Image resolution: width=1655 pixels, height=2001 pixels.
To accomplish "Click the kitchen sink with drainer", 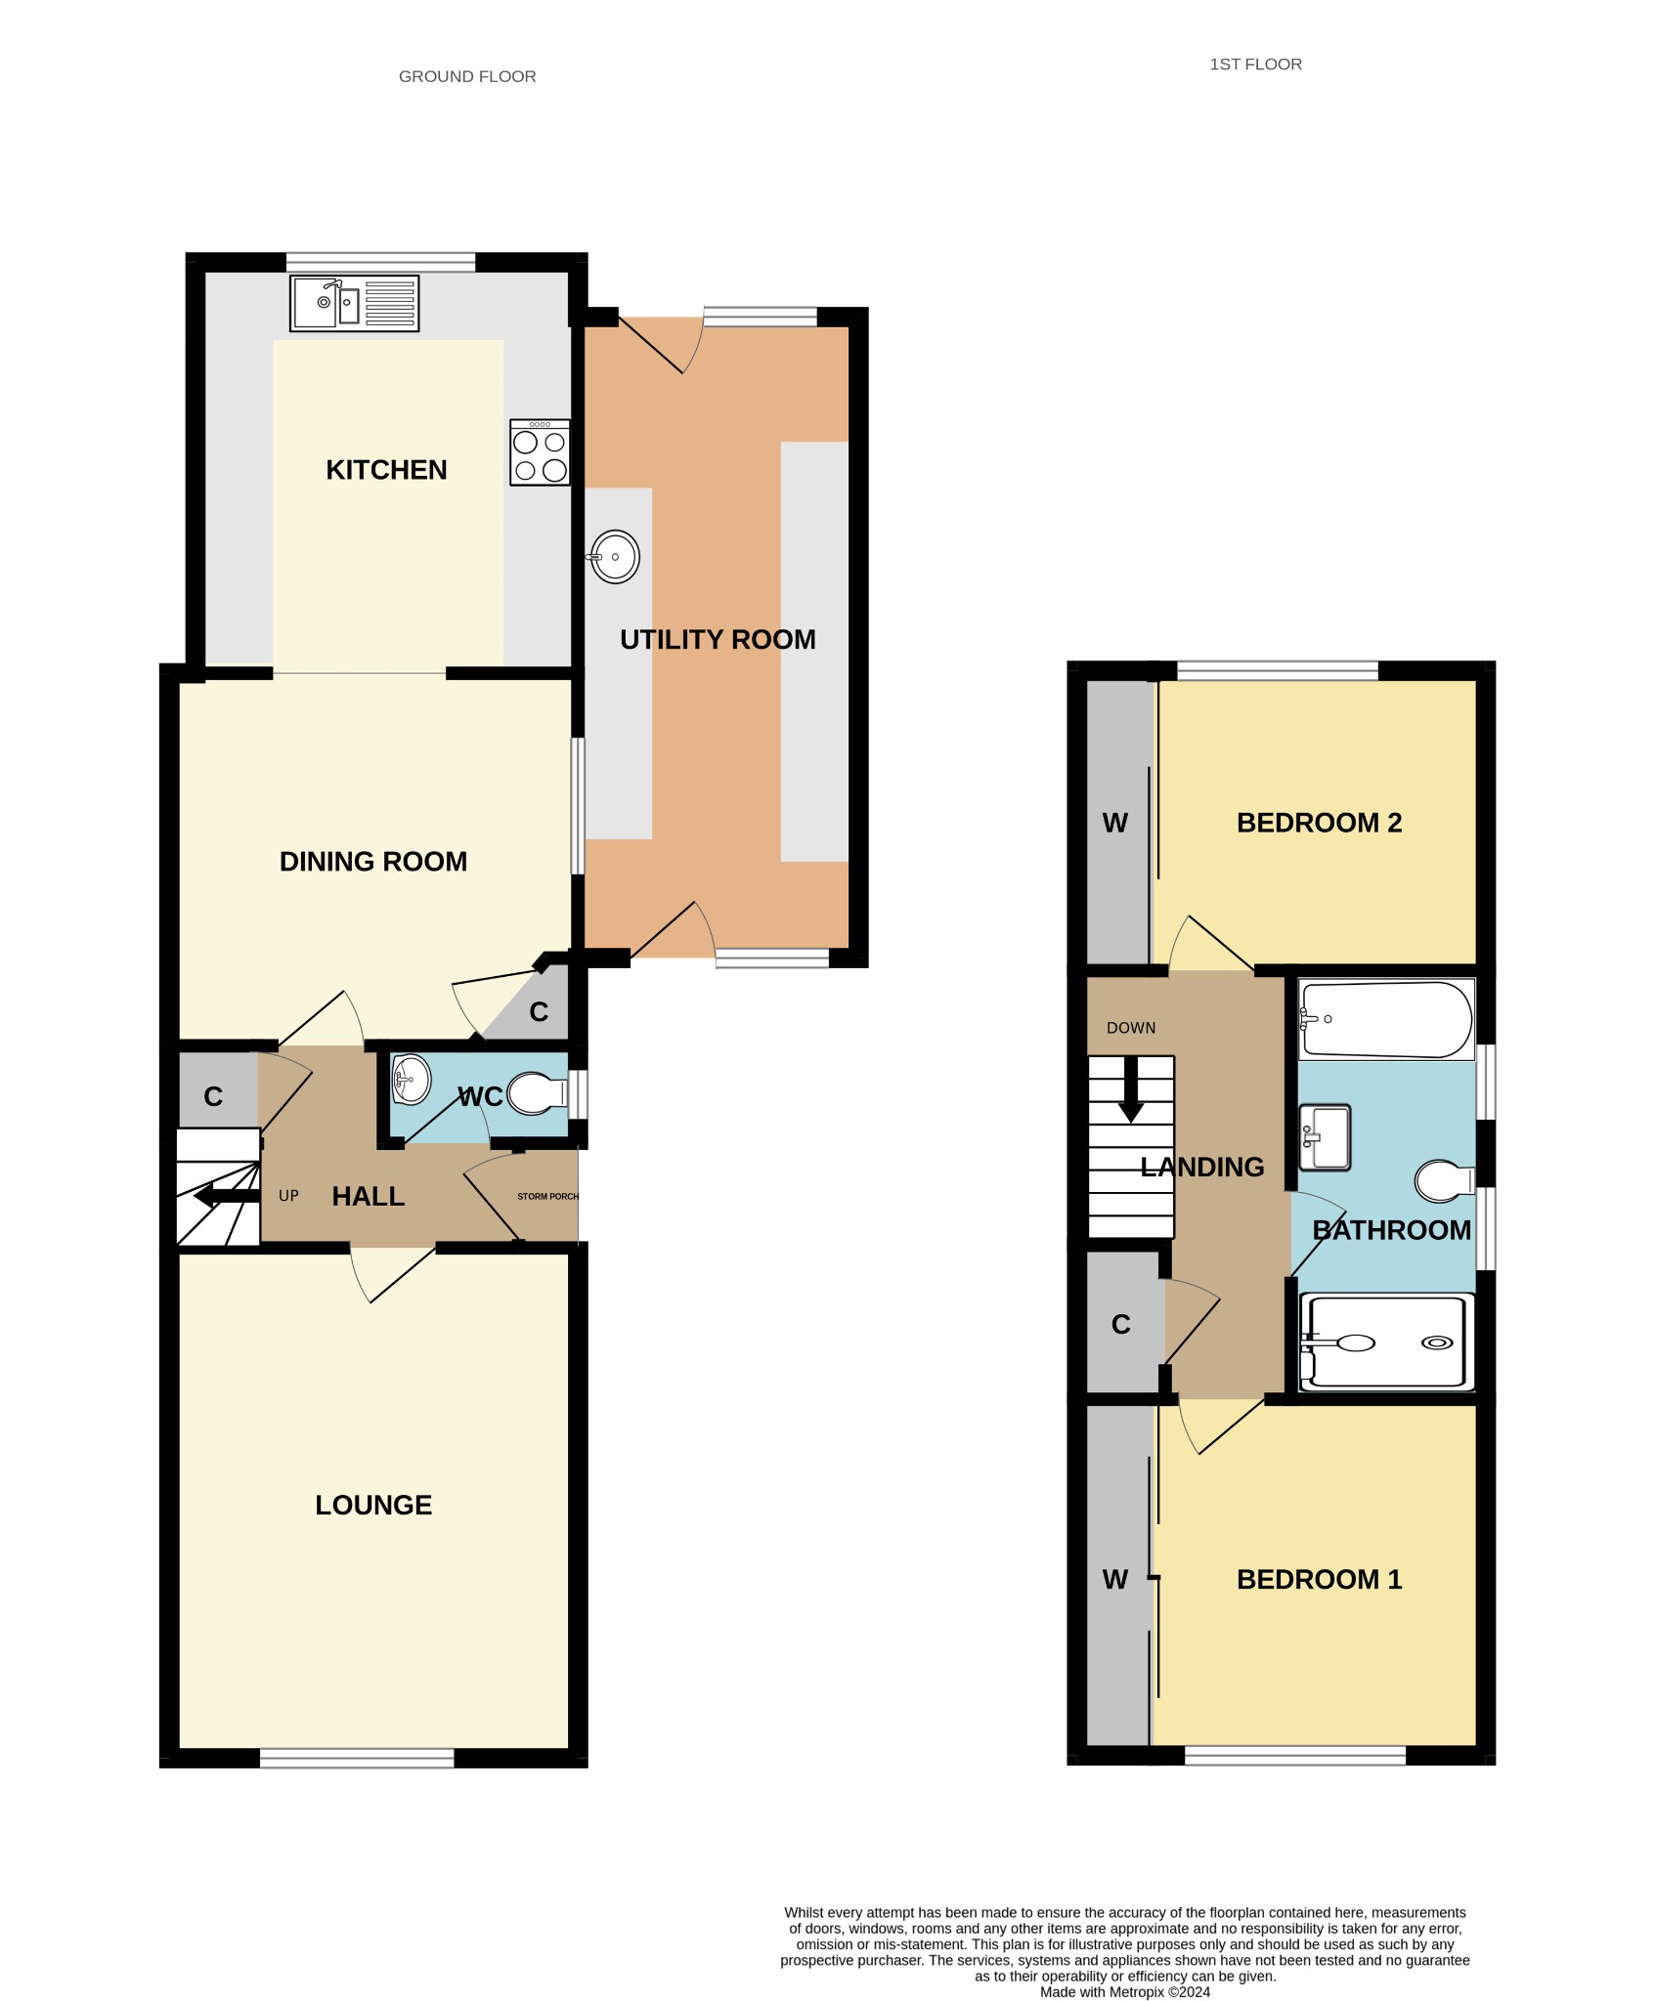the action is click(x=355, y=303).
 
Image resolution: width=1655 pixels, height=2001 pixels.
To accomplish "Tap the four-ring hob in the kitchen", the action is click(x=540, y=452).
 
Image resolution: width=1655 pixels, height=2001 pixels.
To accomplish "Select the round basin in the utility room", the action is click(x=614, y=557).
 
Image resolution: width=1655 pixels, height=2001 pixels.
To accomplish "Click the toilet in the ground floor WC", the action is click(x=537, y=1094).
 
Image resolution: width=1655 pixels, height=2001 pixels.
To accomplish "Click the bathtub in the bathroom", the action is click(x=1386, y=1019).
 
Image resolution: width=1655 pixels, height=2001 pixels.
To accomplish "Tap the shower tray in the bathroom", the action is click(x=1386, y=1342).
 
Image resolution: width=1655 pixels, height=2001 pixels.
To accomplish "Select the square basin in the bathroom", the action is click(x=1325, y=1137).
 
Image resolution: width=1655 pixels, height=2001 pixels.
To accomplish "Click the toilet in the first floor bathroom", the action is click(x=1445, y=1181).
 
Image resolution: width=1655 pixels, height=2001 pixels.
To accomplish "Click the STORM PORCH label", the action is click(x=547, y=1197).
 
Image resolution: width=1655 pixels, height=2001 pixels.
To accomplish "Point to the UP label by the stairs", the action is click(x=288, y=1196).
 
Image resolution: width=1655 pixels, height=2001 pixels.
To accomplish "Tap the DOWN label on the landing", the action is click(x=1131, y=1028).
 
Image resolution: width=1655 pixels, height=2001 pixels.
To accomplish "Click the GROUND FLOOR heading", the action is click(x=467, y=76).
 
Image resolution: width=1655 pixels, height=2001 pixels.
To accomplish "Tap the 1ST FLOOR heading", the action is click(x=1255, y=64).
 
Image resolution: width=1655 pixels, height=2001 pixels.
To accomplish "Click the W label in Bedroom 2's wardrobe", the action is click(x=1115, y=824).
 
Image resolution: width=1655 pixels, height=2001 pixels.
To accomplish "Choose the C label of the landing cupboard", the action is click(x=1121, y=1325).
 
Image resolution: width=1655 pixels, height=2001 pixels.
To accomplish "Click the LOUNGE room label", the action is click(x=373, y=1505).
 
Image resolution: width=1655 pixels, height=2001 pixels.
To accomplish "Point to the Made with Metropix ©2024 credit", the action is click(x=1125, y=1992).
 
